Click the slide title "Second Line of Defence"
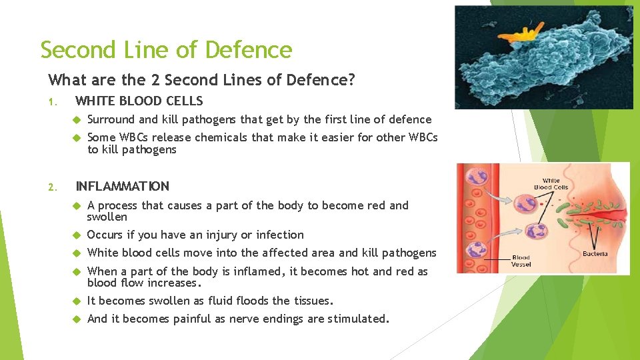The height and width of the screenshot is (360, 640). coord(166,50)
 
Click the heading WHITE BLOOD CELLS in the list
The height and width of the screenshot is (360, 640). coord(139,101)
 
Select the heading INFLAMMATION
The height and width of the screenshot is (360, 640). coord(123,186)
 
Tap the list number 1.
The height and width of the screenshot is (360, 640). coord(52,102)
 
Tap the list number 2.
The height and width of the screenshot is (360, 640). coord(52,187)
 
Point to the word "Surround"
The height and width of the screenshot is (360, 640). coord(111,120)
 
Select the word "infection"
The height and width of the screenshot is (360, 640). coord(280,235)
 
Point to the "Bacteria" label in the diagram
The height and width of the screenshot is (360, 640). coord(595,254)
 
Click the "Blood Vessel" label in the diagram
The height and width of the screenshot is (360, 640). coord(521,261)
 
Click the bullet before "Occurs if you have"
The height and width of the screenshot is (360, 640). coord(77,235)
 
